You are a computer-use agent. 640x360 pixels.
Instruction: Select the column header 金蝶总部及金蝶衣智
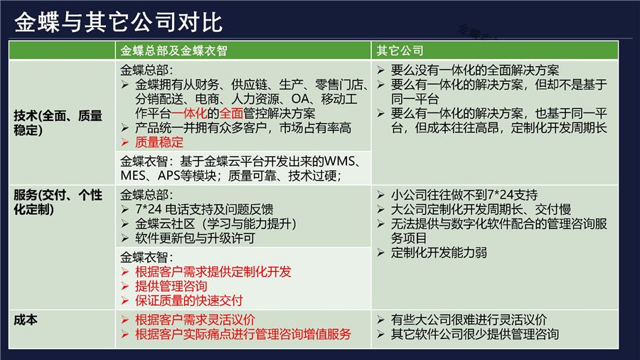click(x=174, y=51)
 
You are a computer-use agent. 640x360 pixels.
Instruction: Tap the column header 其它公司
click(x=400, y=51)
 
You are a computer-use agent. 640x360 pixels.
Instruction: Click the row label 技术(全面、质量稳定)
click(x=58, y=122)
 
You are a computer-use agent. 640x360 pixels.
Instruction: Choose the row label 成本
click(x=26, y=320)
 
